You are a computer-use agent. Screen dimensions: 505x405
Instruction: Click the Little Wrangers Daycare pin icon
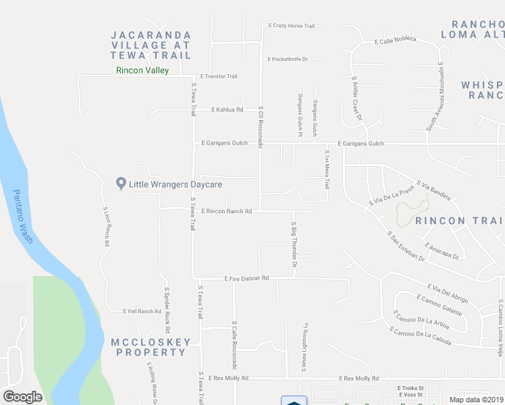(122, 183)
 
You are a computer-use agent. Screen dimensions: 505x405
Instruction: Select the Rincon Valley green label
(142, 70)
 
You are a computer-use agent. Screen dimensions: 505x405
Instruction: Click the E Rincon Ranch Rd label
(225, 211)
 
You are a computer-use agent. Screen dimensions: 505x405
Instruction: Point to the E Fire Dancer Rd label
(246, 278)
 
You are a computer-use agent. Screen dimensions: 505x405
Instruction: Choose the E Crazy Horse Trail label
(292, 26)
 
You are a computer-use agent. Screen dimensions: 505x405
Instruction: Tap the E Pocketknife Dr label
(288, 59)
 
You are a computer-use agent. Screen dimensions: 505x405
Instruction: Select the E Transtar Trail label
(218, 76)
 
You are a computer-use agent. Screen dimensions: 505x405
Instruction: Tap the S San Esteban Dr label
(406, 246)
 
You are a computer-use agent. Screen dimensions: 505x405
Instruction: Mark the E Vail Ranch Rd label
(142, 311)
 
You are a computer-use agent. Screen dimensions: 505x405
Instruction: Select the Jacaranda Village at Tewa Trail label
(151, 44)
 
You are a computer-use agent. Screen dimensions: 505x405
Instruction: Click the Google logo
(22, 397)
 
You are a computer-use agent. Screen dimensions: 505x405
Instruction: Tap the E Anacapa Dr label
(442, 250)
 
